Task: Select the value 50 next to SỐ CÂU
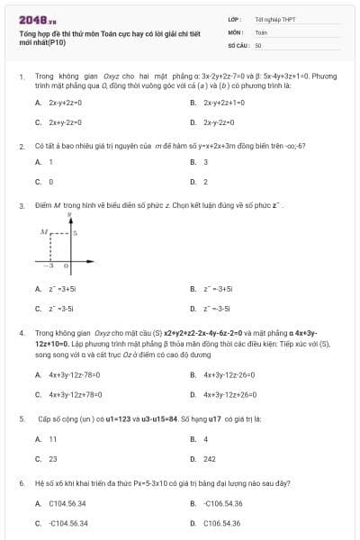pos(258,43)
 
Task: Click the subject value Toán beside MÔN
pos(261,31)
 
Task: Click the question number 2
pos(21,145)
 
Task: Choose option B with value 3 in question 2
pos(206,162)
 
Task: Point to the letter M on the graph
pos(43,232)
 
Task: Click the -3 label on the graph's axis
pos(51,266)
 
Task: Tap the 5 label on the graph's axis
pos(75,233)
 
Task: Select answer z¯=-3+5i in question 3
pos(219,289)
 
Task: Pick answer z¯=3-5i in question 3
pos(60,308)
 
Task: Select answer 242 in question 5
pos(209,458)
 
